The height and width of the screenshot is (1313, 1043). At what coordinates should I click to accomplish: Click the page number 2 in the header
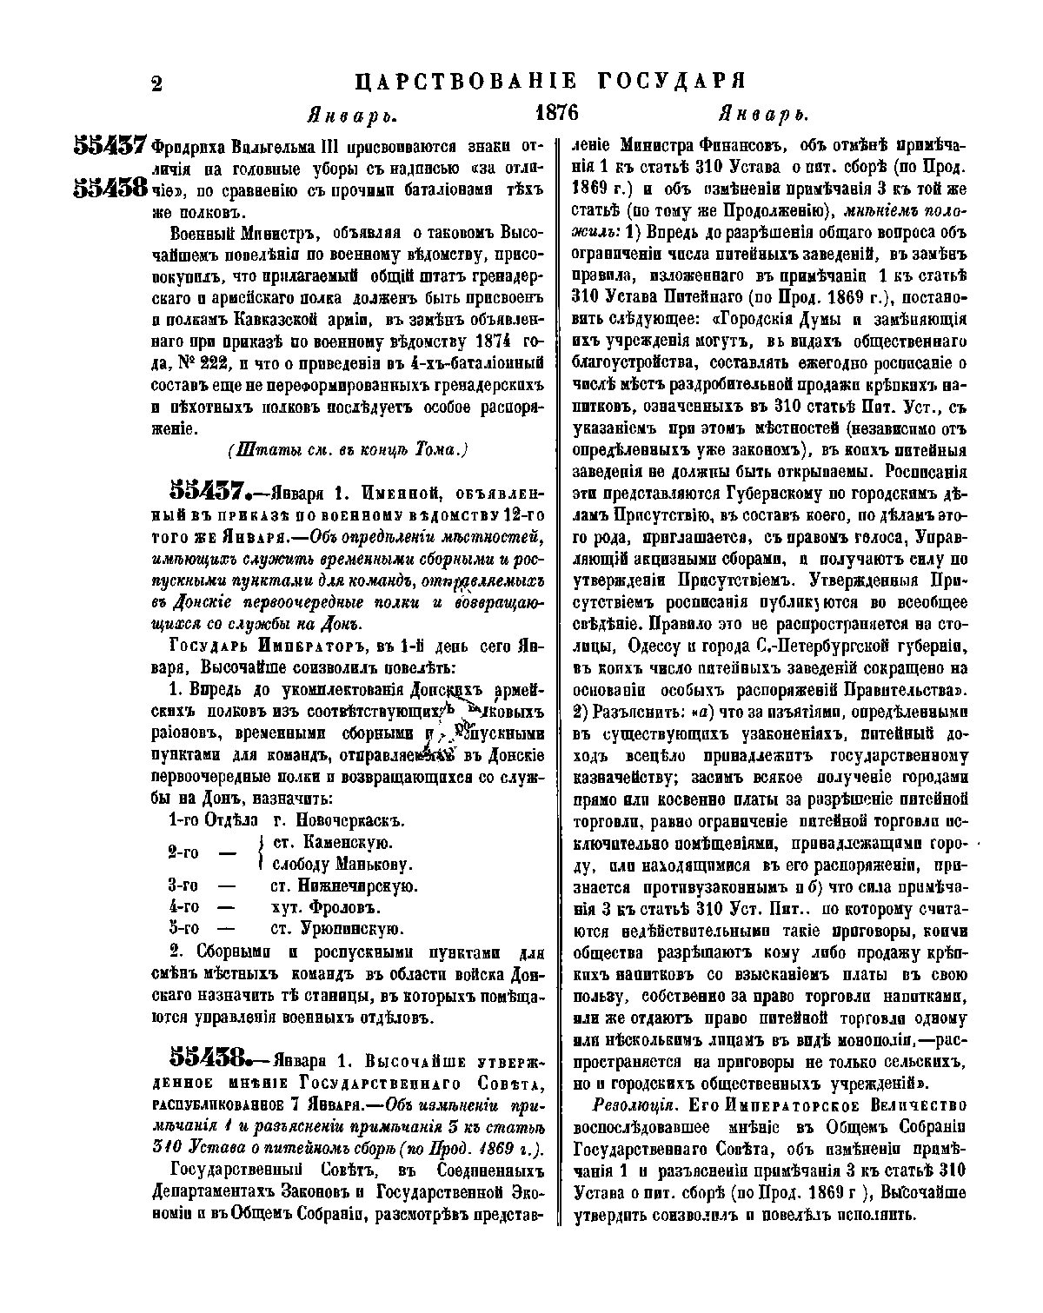[x=157, y=84]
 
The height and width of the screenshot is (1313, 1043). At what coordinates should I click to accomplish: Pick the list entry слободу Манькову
[x=342, y=865]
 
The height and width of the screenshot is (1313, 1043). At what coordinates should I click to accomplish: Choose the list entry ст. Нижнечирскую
[x=345, y=886]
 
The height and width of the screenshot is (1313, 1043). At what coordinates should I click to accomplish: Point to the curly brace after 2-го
[x=261, y=853]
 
